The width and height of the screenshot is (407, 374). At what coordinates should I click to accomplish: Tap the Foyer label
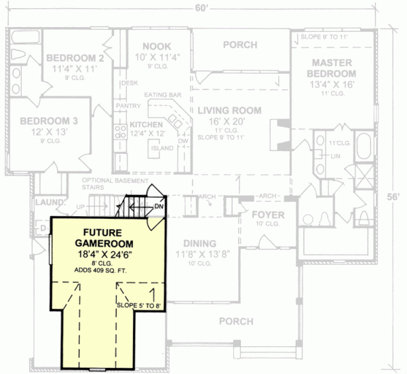[x=268, y=215]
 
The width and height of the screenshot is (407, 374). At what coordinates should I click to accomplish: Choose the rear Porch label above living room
[x=240, y=45]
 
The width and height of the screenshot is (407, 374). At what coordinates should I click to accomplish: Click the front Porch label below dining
[x=235, y=320]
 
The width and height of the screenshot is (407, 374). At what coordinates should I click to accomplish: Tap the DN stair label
[x=158, y=206]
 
